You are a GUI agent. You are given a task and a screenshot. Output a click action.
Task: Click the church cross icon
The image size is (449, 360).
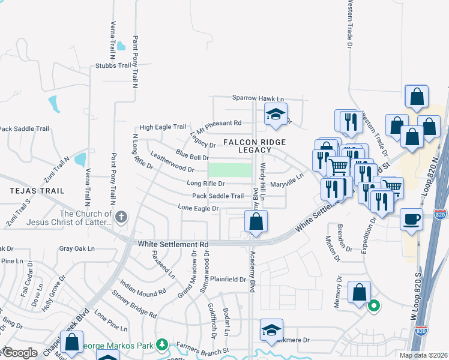click(x=122, y=217)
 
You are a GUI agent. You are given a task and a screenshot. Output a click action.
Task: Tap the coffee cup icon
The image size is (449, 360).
click(x=412, y=219)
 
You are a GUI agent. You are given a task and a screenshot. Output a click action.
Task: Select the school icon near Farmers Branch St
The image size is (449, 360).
click(x=271, y=330)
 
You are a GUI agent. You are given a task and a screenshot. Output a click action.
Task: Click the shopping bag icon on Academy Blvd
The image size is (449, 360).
click(x=256, y=221)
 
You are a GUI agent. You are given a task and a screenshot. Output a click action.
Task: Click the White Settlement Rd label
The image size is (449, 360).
click(x=173, y=244)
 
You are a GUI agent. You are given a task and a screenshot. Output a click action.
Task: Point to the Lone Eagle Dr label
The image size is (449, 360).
click(x=197, y=208)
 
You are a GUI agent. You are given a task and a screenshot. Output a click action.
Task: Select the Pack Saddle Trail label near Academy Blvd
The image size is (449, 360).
click(x=217, y=196)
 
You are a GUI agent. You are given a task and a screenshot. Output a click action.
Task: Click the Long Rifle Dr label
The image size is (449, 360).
click(x=205, y=184)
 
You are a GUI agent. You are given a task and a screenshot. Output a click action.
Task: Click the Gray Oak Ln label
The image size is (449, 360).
click(x=77, y=248)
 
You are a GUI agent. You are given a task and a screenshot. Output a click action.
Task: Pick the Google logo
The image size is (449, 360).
click(x=20, y=353)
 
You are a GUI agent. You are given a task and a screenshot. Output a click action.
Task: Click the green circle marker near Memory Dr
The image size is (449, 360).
click(x=374, y=306)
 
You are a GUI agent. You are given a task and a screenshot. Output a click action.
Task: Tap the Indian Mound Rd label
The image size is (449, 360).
click(x=143, y=287)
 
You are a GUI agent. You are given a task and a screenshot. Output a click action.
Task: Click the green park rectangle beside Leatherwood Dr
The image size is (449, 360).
click(x=230, y=170)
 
